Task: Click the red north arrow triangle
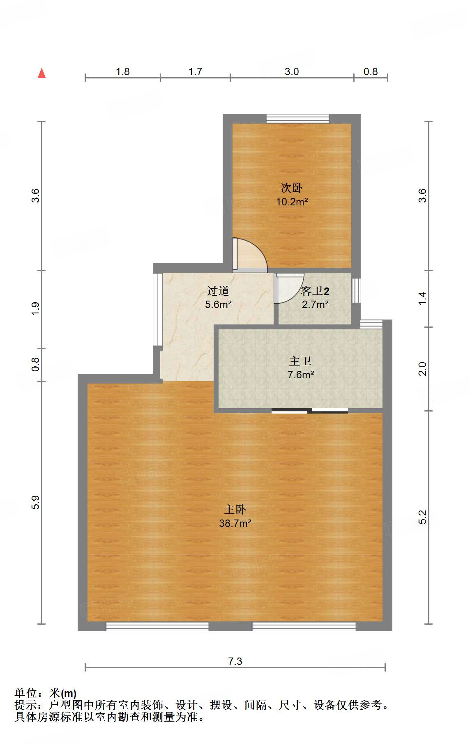[41, 73]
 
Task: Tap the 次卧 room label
[292, 188]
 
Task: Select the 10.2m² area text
[292, 202]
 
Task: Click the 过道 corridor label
[218, 291]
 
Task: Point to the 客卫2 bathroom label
[315, 291]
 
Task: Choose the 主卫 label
[300, 361]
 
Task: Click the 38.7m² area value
[235, 523]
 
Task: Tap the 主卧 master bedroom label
[235, 510]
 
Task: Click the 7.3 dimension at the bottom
[235, 661]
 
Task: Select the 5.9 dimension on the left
[36, 502]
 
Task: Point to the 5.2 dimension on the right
[422, 517]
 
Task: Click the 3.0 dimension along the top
[292, 71]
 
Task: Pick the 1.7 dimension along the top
[195, 71]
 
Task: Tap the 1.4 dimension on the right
[422, 298]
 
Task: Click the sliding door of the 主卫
[310, 410]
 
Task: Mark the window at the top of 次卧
[298, 119]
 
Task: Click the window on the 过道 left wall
[157, 310]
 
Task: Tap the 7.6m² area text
[301, 375]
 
